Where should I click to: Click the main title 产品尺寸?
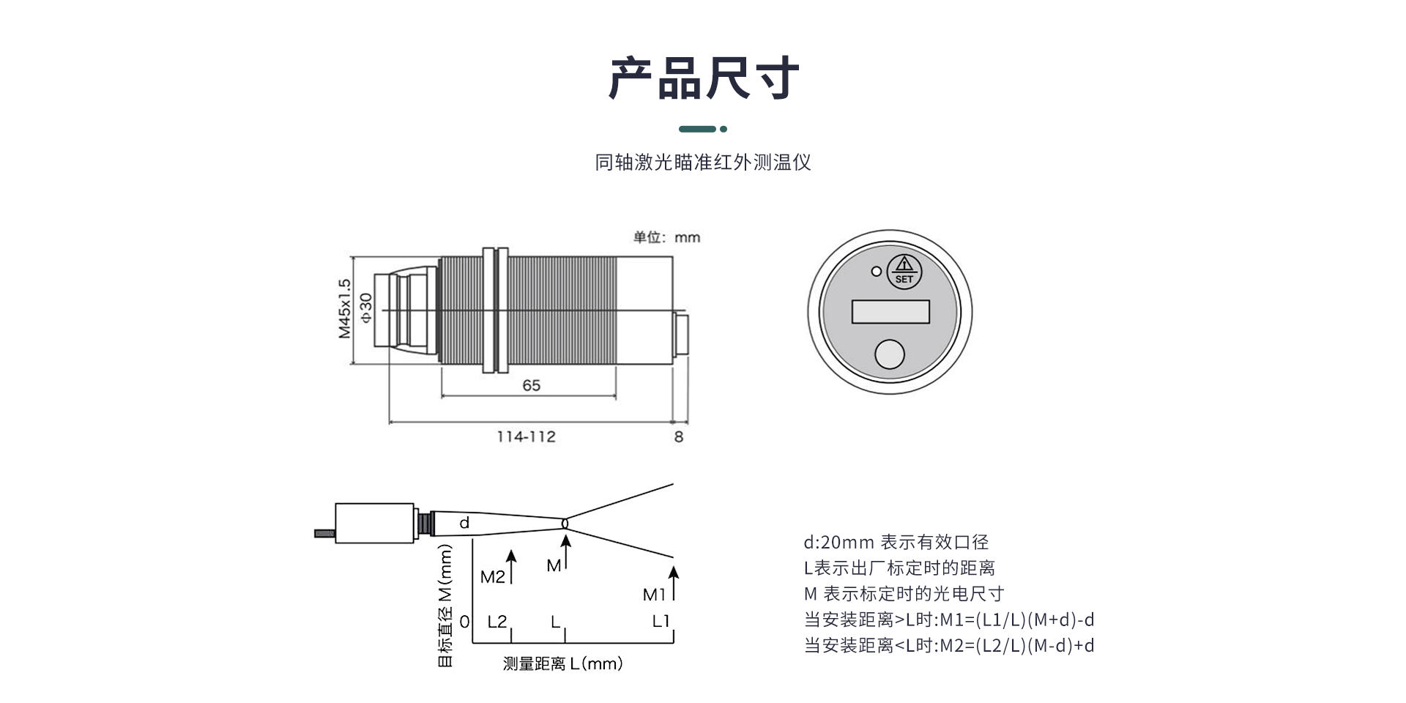[703, 78]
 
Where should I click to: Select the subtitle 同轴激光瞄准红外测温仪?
[703, 163]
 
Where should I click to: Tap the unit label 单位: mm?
[666, 237]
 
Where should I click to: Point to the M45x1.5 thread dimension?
[344, 308]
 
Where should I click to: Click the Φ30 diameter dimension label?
[366, 308]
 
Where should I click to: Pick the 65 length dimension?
[531, 385]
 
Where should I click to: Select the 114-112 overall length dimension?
[526, 436]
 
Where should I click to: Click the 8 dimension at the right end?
[679, 436]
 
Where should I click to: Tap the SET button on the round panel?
[904, 272]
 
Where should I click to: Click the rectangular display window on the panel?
[890, 312]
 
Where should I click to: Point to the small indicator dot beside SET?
[876, 272]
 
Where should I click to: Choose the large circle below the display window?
[890, 354]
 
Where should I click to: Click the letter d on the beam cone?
[464, 523]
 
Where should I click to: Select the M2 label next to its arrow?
[493, 577]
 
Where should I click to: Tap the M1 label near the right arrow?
[654, 595]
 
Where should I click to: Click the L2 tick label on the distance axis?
[497, 622]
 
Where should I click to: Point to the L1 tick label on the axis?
[661, 621]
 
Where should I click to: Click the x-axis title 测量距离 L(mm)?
[562, 663]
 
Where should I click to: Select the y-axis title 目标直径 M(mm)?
[445, 606]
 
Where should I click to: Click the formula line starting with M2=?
[949, 645]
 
